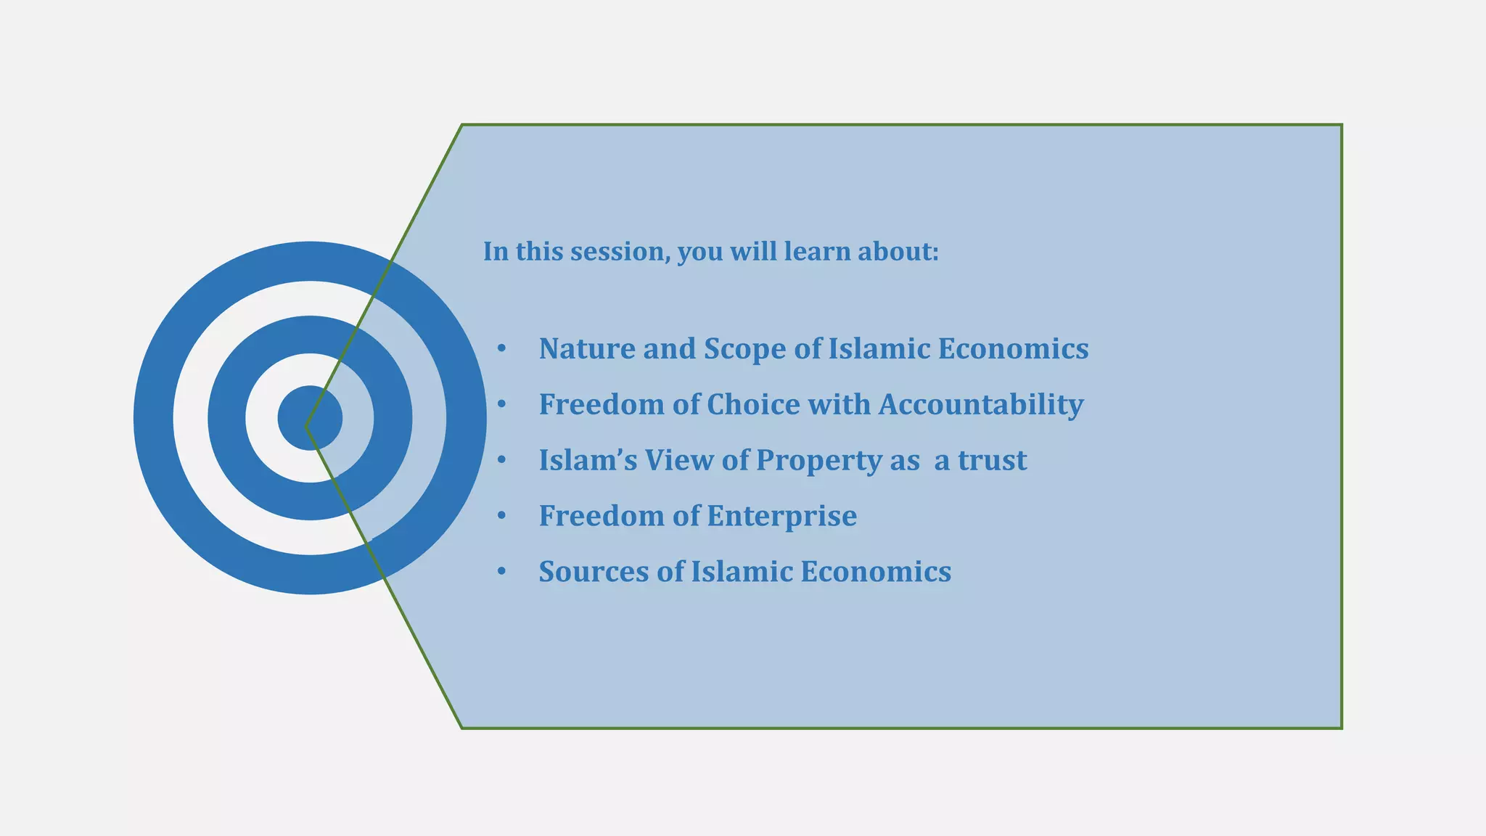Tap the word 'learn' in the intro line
coord(816,252)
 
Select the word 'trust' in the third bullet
coord(992,461)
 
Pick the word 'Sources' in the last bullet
coord(594,572)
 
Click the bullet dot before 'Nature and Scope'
coord(501,349)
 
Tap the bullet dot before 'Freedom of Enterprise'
coord(501,516)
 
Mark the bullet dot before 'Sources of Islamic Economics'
coord(501,572)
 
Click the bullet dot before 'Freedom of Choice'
coord(501,405)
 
